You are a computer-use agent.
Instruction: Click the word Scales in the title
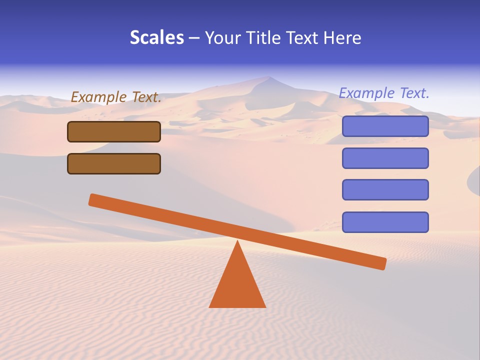(x=157, y=38)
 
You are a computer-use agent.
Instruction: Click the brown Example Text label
(x=116, y=97)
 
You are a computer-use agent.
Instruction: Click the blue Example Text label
(x=384, y=93)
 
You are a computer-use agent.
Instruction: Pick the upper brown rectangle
(x=114, y=132)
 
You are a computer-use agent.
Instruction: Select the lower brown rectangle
(x=114, y=163)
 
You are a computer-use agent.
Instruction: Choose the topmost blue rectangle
(x=385, y=126)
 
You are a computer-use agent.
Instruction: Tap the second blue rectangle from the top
(x=385, y=158)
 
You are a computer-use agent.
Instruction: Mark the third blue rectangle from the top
(x=385, y=189)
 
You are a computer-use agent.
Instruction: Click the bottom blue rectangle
(x=385, y=222)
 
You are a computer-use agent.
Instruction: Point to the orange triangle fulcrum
(x=237, y=285)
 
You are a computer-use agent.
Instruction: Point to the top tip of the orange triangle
(x=237, y=242)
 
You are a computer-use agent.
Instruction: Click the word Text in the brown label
(x=146, y=97)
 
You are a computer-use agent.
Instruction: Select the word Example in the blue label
(x=366, y=93)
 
